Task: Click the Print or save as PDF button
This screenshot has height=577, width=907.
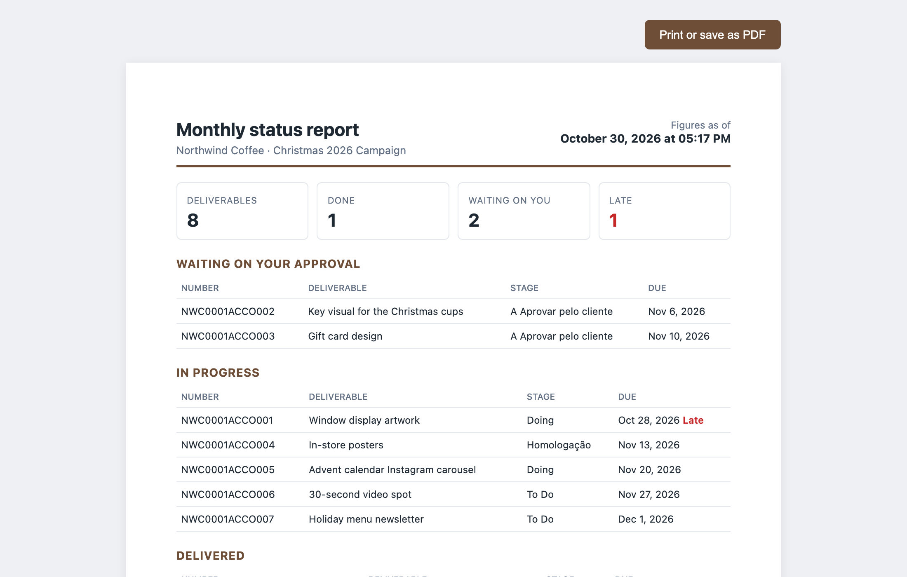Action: (712, 35)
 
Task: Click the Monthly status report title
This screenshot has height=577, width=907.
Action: (268, 130)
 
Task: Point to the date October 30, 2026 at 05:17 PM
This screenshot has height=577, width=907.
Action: (645, 138)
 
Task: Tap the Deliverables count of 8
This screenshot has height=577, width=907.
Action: (193, 220)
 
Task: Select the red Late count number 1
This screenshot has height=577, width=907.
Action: (613, 220)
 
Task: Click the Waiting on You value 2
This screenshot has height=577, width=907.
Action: (474, 220)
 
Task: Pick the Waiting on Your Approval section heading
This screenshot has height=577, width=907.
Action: (268, 264)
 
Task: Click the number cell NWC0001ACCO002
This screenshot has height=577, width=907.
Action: (228, 312)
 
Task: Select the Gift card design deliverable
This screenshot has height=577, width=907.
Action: (345, 336)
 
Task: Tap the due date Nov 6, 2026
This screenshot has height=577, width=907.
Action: (677, 312)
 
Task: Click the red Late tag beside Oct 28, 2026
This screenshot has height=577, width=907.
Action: (693, 420)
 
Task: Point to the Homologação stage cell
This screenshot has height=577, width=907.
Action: (559, 445)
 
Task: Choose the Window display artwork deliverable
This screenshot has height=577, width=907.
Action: (364, 420)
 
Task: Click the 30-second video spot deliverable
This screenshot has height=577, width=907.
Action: (360, 495)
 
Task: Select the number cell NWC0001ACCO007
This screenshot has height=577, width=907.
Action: (228, 519)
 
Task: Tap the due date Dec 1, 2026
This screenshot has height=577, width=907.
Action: (646, 519)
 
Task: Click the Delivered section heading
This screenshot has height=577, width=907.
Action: (211, 556)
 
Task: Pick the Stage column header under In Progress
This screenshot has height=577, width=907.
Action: (541, 397)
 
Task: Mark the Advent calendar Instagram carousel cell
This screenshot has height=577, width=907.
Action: (392, 470)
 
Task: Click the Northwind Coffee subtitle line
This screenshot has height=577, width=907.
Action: (291, 150)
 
